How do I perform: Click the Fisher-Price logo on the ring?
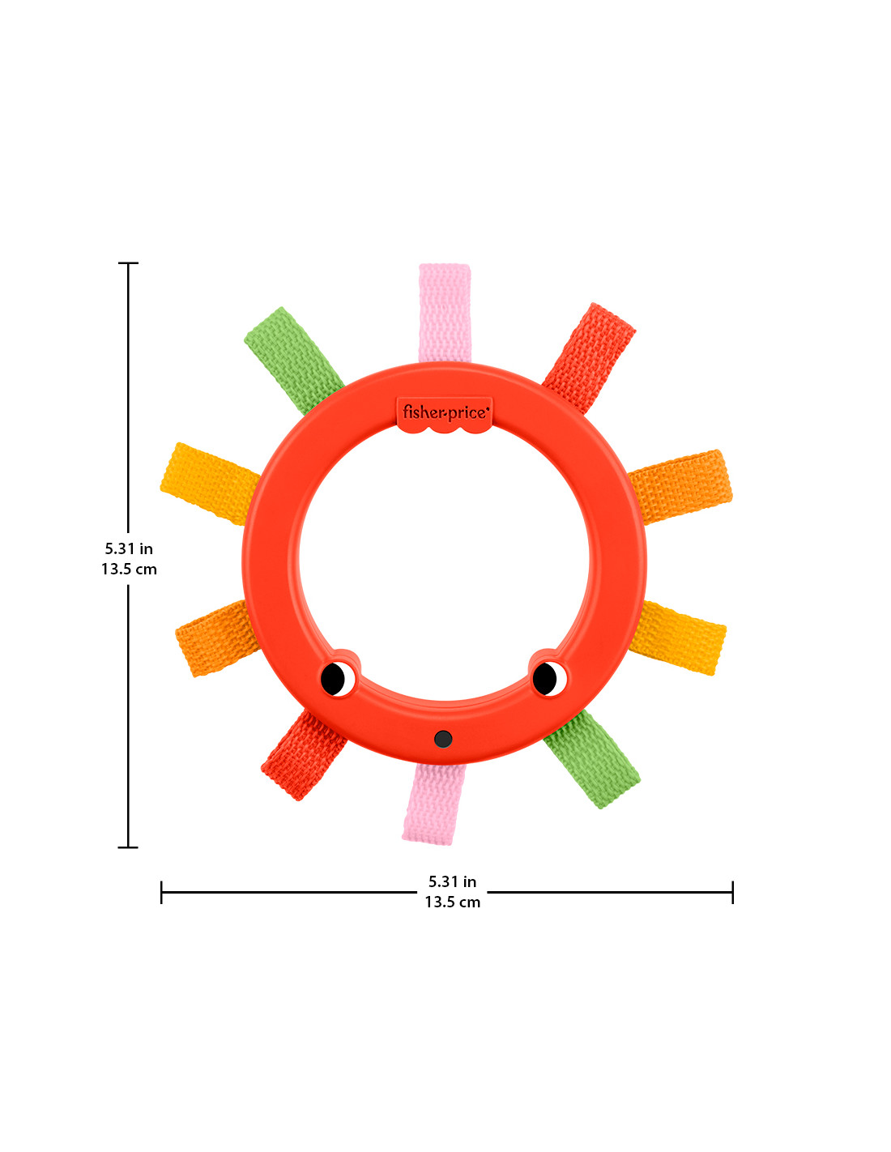point(444,413)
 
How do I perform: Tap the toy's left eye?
point(337,679)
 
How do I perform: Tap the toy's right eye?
point(549,678)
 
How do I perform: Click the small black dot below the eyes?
point(442,739)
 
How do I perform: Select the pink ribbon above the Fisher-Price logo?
point(444,313)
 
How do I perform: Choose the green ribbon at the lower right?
point(592,759)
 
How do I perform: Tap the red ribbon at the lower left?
point(303,754)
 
